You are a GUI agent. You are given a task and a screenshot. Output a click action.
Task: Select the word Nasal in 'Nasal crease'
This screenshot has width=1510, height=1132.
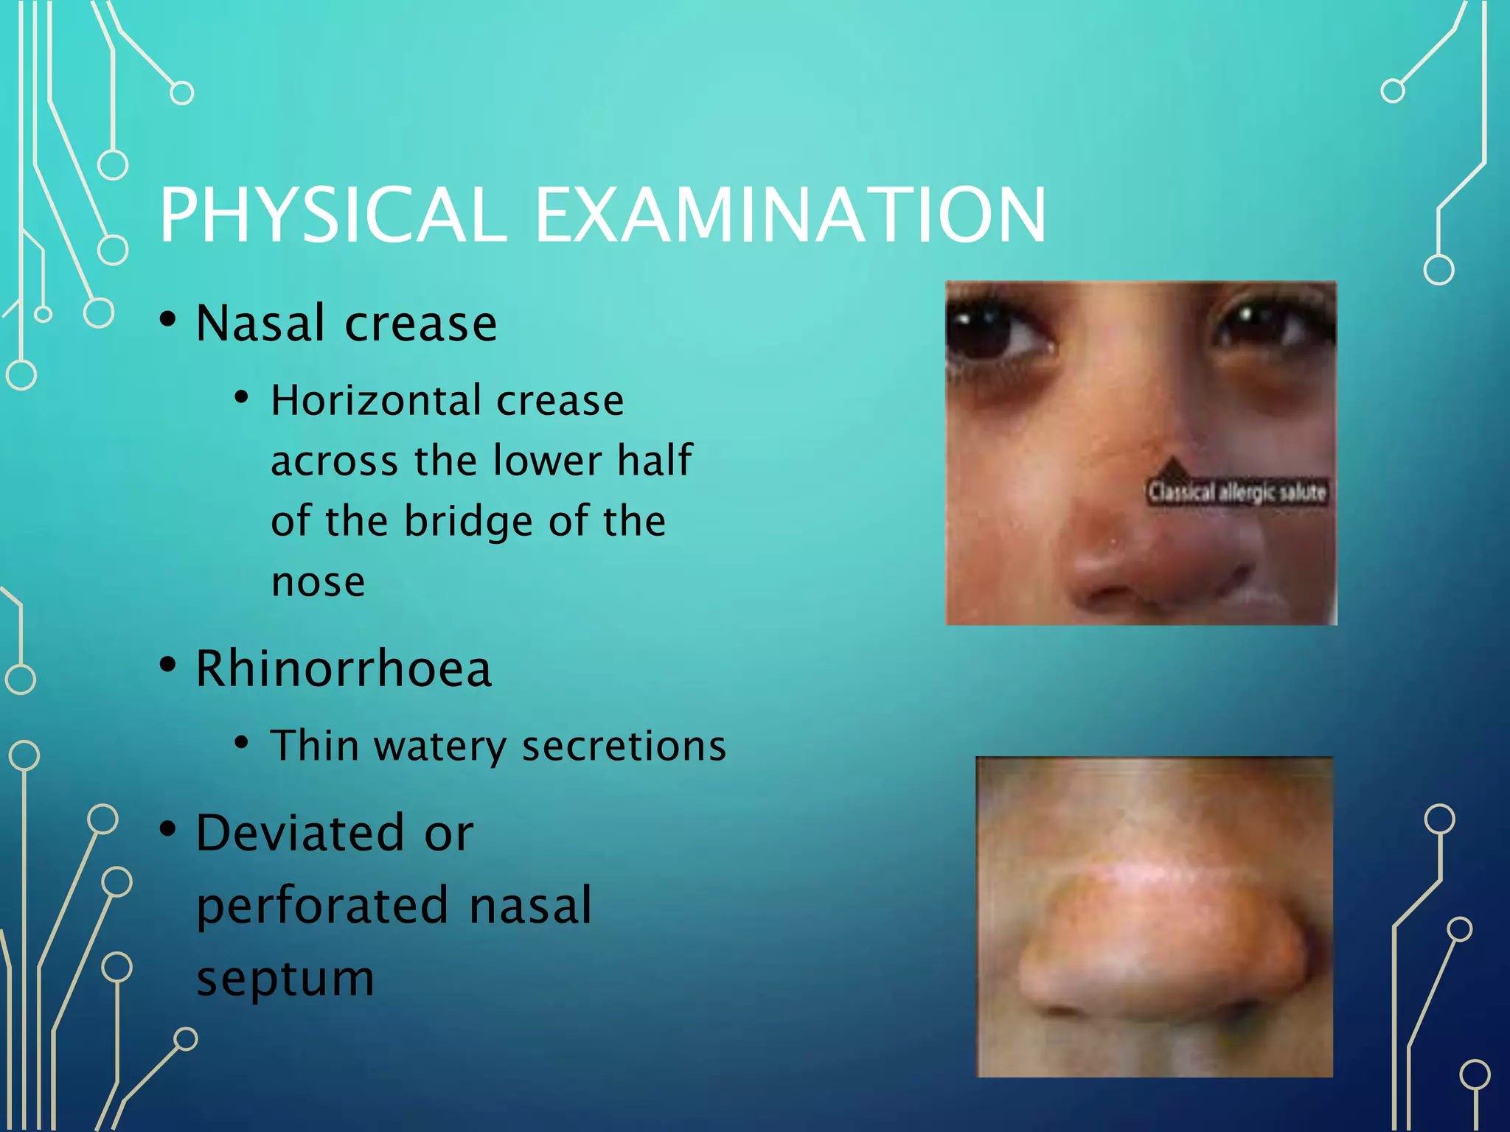260,324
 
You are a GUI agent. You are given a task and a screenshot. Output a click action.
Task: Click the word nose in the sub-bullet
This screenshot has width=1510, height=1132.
318,582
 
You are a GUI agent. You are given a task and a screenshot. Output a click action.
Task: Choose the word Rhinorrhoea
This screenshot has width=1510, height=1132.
344,669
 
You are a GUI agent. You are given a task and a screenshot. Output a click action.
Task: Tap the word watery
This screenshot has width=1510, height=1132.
440,746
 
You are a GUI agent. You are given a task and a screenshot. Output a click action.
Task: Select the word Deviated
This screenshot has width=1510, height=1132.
300,834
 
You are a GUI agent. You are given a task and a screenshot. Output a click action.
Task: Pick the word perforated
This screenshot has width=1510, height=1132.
322,906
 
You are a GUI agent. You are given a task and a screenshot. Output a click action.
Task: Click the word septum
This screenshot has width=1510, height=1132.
285,979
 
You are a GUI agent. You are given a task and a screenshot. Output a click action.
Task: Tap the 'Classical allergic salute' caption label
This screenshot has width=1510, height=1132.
1236,492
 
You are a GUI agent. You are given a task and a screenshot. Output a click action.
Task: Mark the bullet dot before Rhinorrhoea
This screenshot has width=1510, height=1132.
168,665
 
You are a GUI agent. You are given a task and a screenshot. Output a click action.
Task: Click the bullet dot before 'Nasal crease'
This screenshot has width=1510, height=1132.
168,320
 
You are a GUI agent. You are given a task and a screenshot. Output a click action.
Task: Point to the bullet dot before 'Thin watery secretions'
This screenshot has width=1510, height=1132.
241,742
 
